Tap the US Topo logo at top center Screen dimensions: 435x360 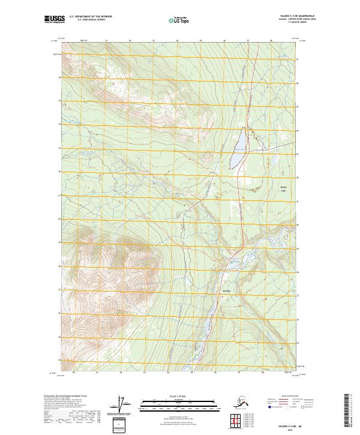click(x=182, y=20)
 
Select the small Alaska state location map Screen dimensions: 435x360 click(x=240, y=401)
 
